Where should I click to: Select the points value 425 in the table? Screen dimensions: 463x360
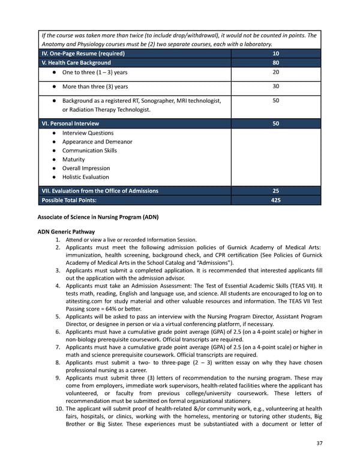(275, 199)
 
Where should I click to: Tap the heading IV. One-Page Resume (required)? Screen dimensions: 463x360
(83, 53)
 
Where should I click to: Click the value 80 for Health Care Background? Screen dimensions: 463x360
(275, 62)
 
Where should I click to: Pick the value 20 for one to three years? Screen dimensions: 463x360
(275, 72)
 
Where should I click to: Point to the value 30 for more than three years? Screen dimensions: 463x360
(275, 86)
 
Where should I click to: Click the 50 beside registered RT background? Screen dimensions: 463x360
(275, 101)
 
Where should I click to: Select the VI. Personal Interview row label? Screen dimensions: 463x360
(70, 123)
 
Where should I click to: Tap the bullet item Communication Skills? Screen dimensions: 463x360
(89, 151)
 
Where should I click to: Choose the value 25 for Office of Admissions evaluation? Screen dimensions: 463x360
(275, 190)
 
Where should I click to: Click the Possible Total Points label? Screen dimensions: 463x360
(68, 199)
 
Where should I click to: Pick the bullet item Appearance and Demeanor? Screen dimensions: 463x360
(97, 142)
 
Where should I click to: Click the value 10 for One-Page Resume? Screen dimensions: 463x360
(275, 53)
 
